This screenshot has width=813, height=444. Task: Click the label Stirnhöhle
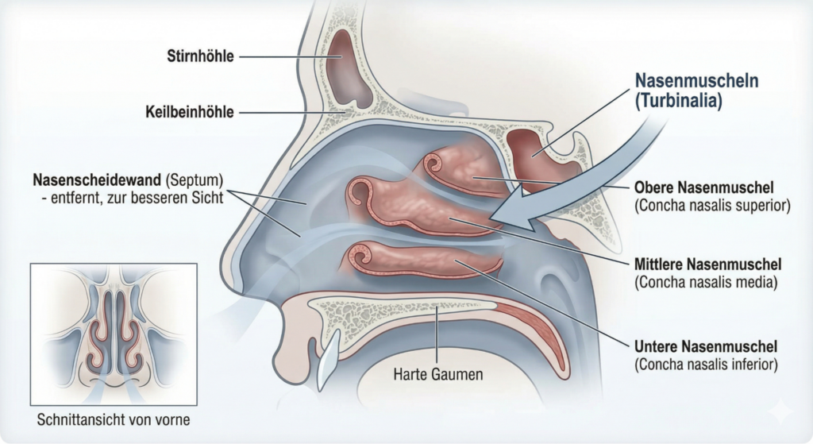coord(200,56)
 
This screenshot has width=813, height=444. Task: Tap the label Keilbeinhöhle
coord(189,111)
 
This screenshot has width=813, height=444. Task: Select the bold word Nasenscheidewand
coord(96,180)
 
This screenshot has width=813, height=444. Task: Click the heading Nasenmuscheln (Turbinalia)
coord(697,91)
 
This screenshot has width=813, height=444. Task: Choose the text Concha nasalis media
coord(706,283)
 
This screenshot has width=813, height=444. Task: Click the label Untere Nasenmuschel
coord(706,346)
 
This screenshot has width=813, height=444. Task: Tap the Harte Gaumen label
coord(438,374)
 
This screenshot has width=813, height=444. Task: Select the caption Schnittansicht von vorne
coord(113,419)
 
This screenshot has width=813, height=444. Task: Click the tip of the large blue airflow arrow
coord(491,217)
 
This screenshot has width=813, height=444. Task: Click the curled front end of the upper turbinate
coord(433,164)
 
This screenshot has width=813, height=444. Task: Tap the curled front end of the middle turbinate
coord(359,192)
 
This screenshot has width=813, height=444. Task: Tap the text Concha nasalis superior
coord(712,206)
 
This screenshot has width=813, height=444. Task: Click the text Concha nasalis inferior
coord(706,364)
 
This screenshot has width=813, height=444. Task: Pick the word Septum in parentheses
coord(195,180)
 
